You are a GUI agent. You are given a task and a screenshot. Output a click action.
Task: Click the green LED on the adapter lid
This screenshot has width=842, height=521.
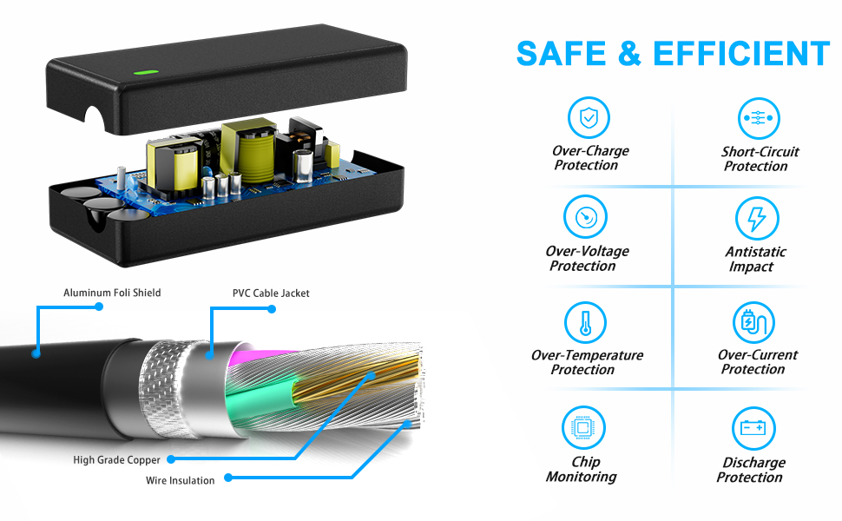[x=142, y=73]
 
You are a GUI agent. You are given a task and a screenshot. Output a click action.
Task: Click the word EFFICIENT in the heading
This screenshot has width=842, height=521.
[x=741, y=54]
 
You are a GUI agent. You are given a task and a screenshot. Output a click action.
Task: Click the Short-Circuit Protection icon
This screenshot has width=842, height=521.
[x=759, y=118]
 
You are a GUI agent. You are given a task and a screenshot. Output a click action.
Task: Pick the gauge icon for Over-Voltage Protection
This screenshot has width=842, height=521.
[x=584, y=217]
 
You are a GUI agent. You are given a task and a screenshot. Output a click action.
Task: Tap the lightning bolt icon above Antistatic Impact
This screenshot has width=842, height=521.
[x=756, y=218]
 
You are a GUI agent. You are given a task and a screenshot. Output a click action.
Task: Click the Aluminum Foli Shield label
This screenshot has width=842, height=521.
[x=112, y=293]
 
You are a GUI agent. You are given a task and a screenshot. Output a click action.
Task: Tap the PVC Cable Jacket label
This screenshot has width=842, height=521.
[x=271, y=293]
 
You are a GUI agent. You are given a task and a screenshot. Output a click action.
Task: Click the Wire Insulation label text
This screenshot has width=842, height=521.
[x=180, y=480]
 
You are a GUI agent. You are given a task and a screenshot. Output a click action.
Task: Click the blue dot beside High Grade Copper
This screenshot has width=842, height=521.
[x=171, y=459]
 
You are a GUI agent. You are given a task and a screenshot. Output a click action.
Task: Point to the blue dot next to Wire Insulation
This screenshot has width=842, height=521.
[x=227, y=478]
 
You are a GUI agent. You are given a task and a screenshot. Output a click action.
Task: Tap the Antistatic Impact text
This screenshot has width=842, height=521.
[x=755, y=259]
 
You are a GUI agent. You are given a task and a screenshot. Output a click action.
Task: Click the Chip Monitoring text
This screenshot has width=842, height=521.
[x=582, y=470]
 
